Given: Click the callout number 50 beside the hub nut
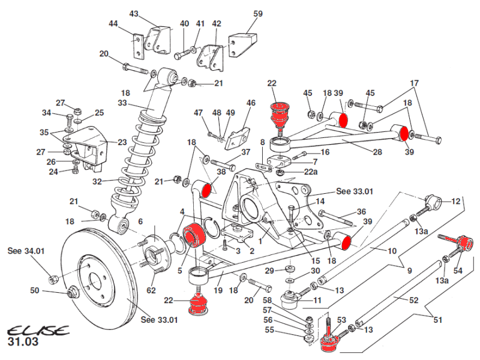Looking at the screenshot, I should pos(35,290).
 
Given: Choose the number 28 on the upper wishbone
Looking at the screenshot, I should pos(377,152).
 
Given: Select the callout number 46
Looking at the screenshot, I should pos(251,103).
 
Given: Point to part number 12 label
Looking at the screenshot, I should pos(456,202).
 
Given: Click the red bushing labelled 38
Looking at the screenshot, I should pos(208,190).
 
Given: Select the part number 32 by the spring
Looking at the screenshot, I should pos(97,181).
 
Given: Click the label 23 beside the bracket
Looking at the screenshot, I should pos(122,143).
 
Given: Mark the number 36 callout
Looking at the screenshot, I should pos(361,211).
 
